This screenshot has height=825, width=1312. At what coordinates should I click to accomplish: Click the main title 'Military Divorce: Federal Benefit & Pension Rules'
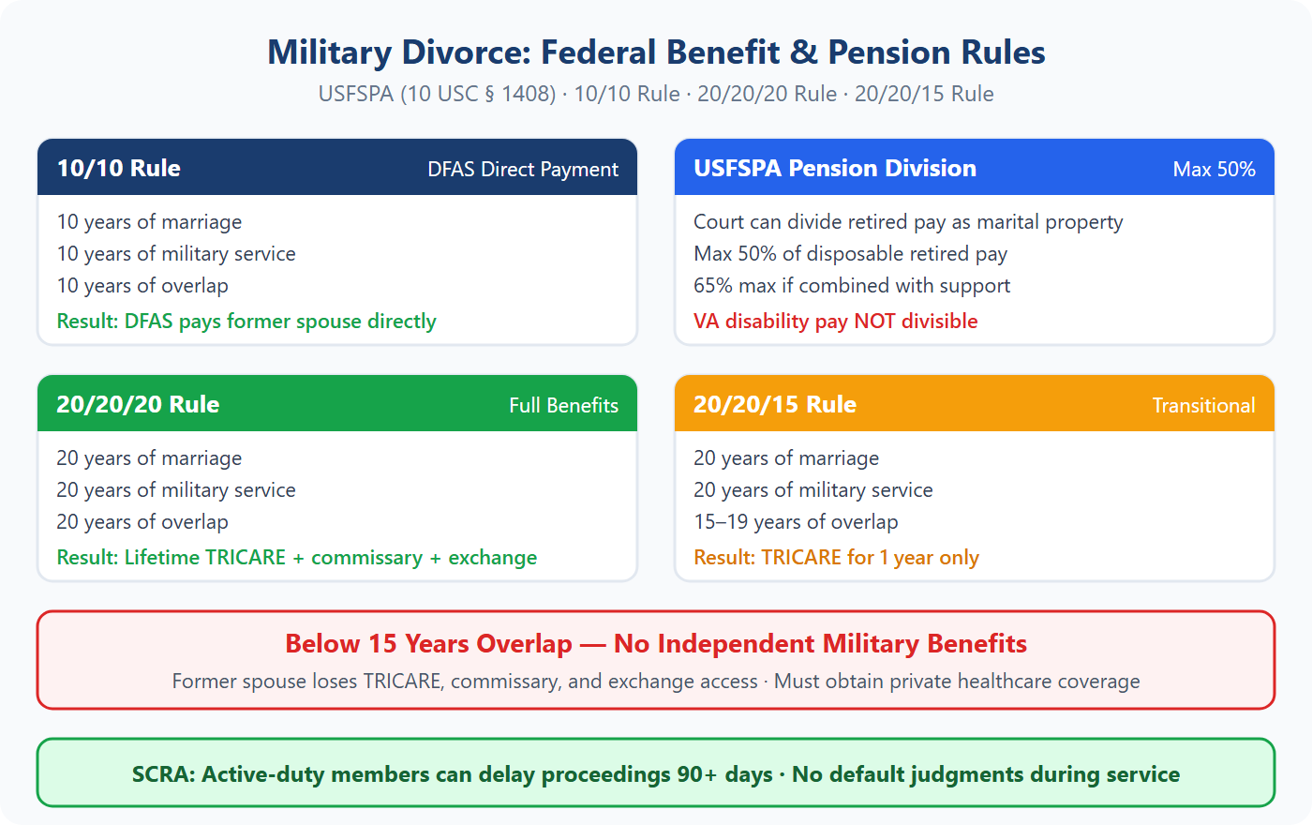coord(656,52)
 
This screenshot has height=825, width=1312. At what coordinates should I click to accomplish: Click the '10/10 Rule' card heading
coord(119,169)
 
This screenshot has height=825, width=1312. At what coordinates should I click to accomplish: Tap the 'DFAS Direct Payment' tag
coord(523,170)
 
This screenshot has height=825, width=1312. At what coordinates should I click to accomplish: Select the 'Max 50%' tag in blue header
coord(1214,170)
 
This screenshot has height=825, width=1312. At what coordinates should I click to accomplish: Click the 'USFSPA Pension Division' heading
coord(834,169)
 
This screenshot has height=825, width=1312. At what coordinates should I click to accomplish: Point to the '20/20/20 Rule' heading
coord(138,405)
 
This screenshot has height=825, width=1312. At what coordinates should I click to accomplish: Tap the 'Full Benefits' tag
coord(563,406)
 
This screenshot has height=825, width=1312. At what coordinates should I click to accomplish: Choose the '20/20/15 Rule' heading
coord(774,405)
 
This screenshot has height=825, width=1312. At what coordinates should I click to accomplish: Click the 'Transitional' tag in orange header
coord(1203,406)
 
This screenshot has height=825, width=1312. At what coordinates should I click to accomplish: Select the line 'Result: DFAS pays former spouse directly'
coord(246,322)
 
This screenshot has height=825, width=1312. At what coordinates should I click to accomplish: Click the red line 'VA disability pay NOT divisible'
coord(835,322)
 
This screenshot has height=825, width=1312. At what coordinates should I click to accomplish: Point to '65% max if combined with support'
coord(852,286)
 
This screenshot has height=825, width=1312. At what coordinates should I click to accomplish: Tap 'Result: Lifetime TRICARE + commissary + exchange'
coord(296,558)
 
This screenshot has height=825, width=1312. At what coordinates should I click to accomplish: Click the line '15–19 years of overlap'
coord(796,522)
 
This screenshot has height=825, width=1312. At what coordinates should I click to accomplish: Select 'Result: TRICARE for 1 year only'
coord(836,558)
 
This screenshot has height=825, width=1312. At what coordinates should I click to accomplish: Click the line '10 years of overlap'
coord(142,286)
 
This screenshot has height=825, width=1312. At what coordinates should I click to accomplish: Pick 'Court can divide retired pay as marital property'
coord(907,222)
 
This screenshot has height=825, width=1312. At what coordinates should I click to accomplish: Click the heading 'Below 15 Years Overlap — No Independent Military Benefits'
coord(656,644)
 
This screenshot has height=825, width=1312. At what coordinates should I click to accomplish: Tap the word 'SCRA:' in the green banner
coord(163,775)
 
